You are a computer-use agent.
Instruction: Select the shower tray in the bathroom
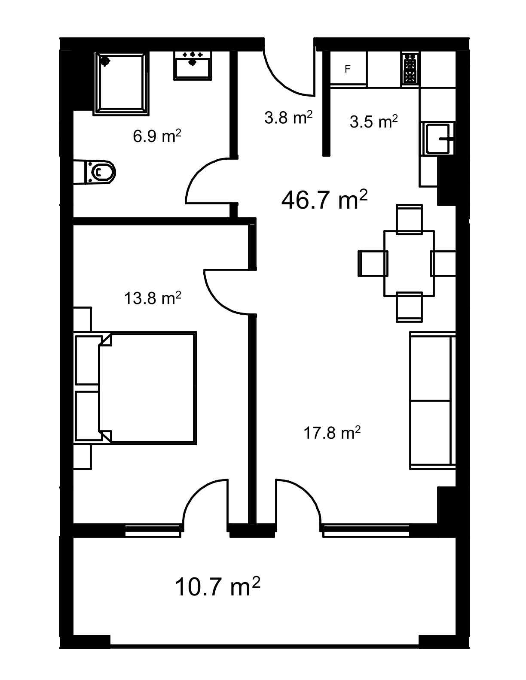point(121,83)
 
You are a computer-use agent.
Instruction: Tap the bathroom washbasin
point(193,66)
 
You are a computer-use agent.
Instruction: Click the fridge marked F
point(349,69)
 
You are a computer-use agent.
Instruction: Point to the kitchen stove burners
point(411,69)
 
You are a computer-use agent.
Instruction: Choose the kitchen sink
point(438,138)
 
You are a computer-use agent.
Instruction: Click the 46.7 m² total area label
point(324,200)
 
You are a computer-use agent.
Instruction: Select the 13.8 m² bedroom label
point(153,298)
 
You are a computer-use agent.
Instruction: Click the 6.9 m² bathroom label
point(157,136)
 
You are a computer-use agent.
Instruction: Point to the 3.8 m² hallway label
point(288,117)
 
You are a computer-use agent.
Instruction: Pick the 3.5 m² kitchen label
point(374,121)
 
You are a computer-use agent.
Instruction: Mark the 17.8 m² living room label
point(332,433)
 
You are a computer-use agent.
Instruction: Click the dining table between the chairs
point(409,264)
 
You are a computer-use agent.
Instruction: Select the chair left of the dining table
point(373,263)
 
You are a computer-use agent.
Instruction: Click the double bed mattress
point(147,388)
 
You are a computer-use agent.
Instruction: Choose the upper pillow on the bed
point(89,360)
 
